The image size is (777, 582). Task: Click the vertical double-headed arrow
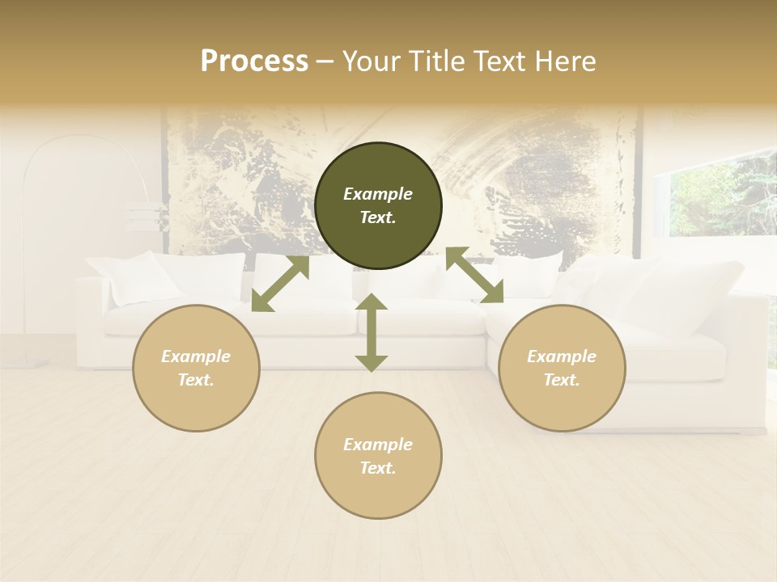click(x=372, y=332)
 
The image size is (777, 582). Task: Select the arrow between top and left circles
click(x=280, y=284)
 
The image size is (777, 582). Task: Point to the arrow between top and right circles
click(x=474, y=276)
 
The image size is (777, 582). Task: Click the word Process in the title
click(x=254, y=61)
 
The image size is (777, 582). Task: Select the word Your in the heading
click(x=369, y=61)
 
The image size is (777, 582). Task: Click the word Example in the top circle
click(x=378, y=194)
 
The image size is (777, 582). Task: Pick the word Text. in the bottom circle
click(x=378, y=468)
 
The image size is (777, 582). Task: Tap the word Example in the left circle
click(x=196, y=356)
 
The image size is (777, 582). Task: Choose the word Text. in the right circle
click(x=562, y=380)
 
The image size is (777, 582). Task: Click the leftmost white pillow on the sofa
click(x=134, y=279)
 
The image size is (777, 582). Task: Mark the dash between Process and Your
click(x=325, y=61)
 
